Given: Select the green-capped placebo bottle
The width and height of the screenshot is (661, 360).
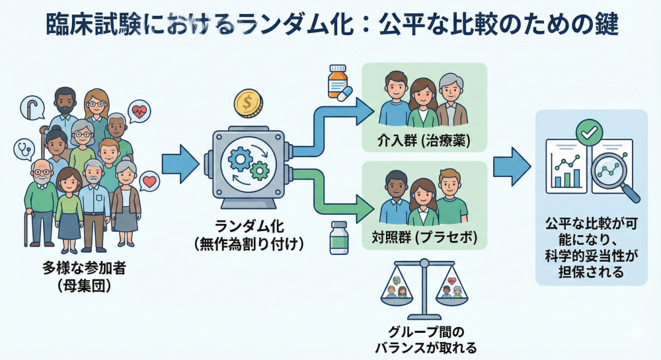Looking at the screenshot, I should click(x=339, y=238).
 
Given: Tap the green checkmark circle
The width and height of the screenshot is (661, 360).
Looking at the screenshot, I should click(x=586, y=131).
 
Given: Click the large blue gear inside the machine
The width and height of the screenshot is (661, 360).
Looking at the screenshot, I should click(x=238, y=159).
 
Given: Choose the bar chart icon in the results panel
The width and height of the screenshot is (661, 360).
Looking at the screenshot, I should click(x=567, y=173).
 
